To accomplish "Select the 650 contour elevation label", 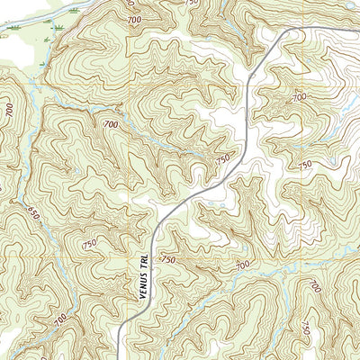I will tap(33, 215).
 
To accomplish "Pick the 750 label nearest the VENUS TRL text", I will tap(167, 260).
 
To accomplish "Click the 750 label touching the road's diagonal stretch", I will tap(223, 161).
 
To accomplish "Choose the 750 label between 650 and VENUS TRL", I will tap(89, 245).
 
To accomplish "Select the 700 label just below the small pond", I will tap(300, 96).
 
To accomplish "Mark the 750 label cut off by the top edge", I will tap(190, 4).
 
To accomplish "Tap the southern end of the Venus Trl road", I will tap(120, 357).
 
